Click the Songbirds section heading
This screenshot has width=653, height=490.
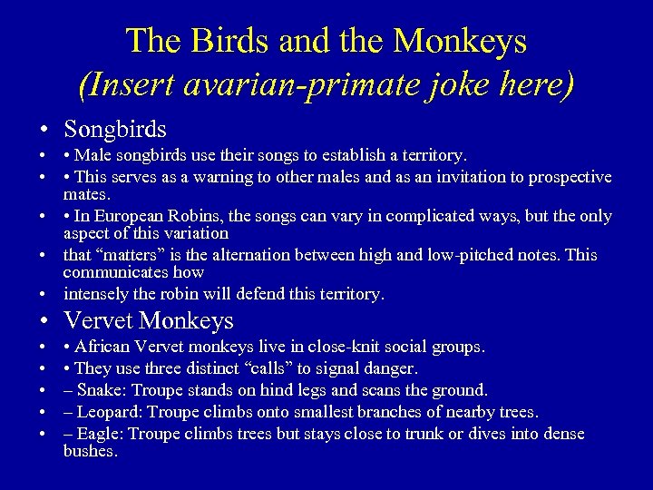point(115,130)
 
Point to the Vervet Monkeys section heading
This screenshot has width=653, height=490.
point(149,320)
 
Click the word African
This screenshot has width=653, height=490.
point(104,347)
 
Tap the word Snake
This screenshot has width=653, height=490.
point(101,390)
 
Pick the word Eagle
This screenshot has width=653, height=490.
point(100,434)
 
